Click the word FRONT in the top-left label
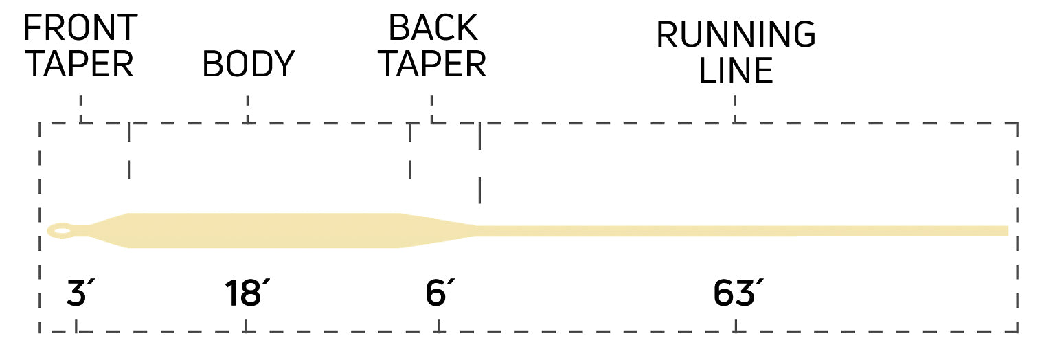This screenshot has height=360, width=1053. [x=80, y=27]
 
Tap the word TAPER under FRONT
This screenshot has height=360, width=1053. [x=80, y=64]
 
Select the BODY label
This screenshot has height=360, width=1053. [x=248, y=64]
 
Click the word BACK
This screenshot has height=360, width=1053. [x=433, y=27]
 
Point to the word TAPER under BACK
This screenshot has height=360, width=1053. [x=432, y=64]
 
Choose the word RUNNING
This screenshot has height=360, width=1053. [x=736, y=34]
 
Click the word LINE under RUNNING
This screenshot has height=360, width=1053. [x=736, y=71]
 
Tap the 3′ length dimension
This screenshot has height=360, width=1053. [x=80, y=293]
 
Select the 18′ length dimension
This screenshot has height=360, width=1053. [x=247, y=293]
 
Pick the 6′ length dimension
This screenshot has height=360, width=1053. [x=440, y=293]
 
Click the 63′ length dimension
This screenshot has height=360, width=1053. [x=738, y=293]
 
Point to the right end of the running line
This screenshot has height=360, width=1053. [x=1008, y=231]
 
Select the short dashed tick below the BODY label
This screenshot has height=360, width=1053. [x=248, y=109]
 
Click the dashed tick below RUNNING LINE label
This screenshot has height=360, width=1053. [x=734, y=109]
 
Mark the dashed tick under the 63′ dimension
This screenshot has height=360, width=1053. [x=736, y=326]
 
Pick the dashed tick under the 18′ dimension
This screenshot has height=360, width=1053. [x=246, y=326]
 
